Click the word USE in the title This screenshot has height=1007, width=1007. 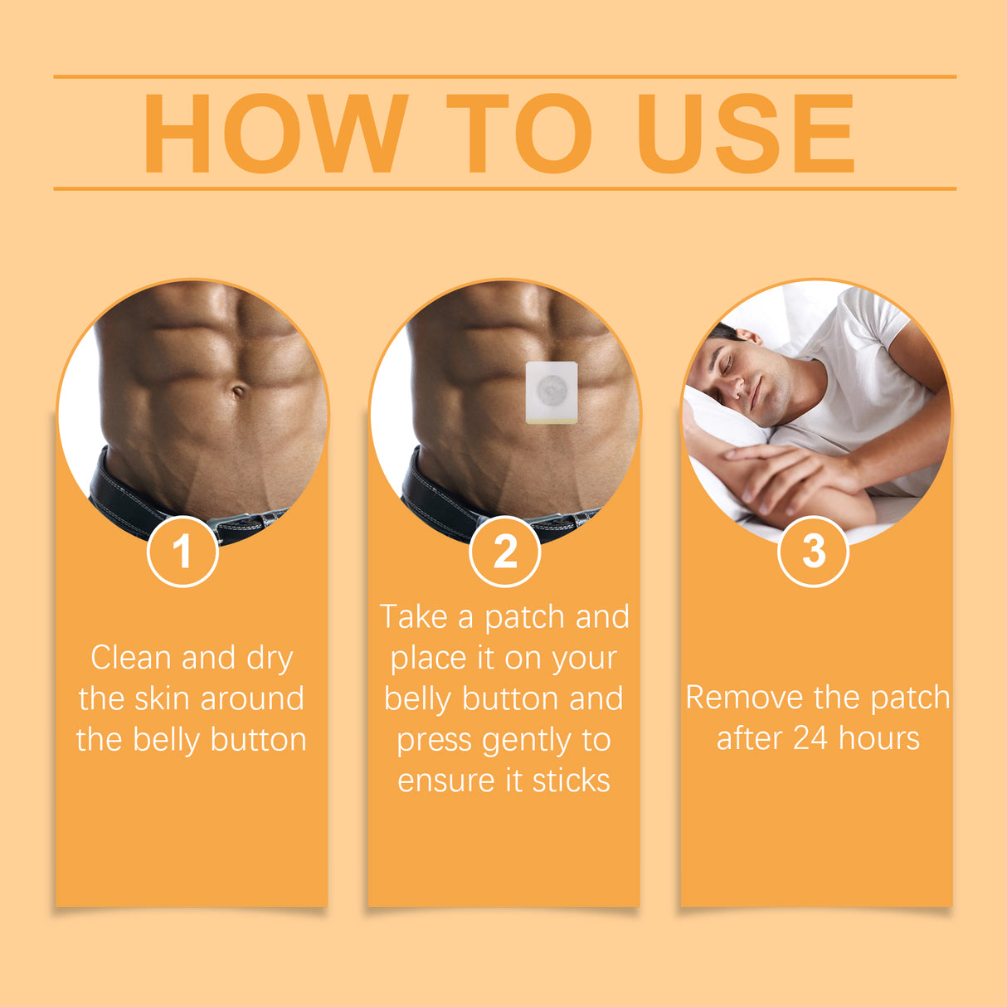tap(745, 134)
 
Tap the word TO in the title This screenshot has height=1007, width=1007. tap(519, 134)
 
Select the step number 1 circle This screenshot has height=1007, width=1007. tap(182, 552)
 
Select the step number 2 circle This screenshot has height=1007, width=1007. tap(504, 552)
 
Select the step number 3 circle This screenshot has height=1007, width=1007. tap(814, 551)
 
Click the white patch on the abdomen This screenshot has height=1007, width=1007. tap(552, 391)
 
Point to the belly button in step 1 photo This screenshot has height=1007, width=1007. tap(238, 391)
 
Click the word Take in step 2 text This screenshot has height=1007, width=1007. tap(413, 617)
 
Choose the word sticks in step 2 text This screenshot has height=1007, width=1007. tap(571, 781)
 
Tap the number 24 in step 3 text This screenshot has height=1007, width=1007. tap(810, 738)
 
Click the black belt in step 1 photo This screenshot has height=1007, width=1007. tap(124, 498)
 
